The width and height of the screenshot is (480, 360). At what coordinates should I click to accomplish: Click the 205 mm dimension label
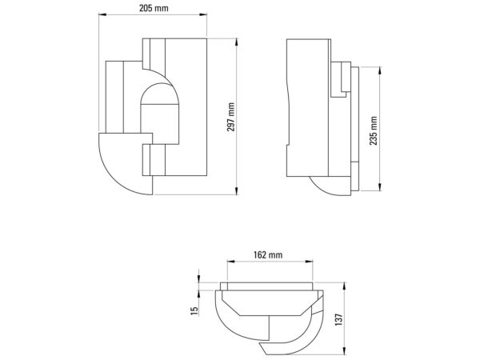[x=154, y=8]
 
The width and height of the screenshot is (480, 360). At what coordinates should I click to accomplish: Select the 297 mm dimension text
[x=231, y=117]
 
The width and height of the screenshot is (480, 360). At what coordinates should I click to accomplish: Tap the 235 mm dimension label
[x=374, y=130]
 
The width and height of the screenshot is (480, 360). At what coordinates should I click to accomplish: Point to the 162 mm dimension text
[x=268, y=254]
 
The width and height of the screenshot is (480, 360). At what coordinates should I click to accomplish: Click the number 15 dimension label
[x=194, y=311]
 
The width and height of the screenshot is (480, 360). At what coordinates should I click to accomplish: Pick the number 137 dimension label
[x=339, y=319]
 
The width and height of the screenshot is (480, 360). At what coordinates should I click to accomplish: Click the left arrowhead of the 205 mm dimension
[x=102, y=14]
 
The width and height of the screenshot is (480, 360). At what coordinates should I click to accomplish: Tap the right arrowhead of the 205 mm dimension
[x=203, y=14]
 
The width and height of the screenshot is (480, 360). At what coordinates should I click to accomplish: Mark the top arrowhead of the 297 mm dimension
[x=236, y=42]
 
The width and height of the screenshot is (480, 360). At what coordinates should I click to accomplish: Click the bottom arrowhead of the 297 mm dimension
[x=236, y=190]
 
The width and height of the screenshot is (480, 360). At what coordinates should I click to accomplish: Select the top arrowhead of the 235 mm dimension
[x=380, y=70]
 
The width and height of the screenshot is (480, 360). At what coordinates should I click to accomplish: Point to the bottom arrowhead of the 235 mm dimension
[x=380, y=186]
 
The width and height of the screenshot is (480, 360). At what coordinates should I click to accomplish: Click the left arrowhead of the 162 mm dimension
[x=231, y=262]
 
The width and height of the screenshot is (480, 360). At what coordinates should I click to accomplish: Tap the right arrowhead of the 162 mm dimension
[x=309, y=262]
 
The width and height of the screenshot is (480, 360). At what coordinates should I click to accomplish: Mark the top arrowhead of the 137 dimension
[x=345, y=286]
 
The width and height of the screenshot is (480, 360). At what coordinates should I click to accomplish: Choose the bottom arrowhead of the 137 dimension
[x=345, y=351]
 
